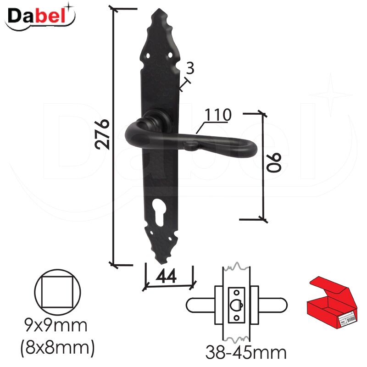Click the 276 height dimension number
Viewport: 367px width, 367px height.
click(x=102, y=134)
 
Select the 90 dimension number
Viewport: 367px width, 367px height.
click(x=274, y=163)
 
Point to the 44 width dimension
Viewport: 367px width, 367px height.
click(x=166, y=276)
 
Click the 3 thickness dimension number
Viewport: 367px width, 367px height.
click(x=190, y=68)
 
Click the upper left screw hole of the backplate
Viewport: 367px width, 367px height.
click(x=148, y=56)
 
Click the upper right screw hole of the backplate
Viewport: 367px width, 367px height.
click(x=170, y=55)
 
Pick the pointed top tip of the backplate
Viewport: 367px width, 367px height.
click(x=159, y=9)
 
